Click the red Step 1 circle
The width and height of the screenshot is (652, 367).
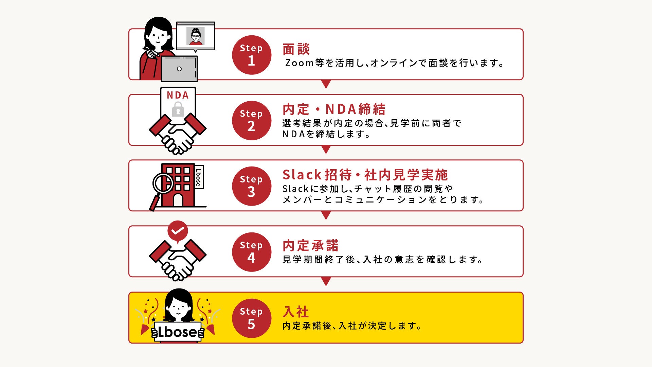[x=251, y=55]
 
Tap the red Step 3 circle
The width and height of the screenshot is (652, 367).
[x=251, y=186]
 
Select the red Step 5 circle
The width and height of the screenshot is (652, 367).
[x=251, y=318]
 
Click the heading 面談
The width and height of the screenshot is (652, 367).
[x=296, y=49]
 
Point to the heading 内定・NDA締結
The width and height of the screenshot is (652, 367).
[x=334, y=109]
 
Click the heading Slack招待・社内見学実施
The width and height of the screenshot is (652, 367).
[x=365, y=175]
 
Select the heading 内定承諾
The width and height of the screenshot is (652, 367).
[x=310, y=245]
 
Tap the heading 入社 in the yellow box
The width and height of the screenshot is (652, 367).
[x=296, y=312]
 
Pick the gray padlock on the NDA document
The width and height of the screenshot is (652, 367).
[x=178, y=109]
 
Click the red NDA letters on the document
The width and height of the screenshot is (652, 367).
[x=178, y=95]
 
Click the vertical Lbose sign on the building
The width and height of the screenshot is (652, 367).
[x=198, y=177]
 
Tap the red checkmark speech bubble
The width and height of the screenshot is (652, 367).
[x=178, y=231]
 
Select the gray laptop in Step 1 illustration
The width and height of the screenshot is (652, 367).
[x=179, y=69]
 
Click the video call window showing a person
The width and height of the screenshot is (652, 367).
[x=195, y=36]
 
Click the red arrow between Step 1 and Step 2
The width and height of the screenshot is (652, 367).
[x=326, y=84]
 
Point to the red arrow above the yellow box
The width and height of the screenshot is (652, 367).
[x=326, y=281]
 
